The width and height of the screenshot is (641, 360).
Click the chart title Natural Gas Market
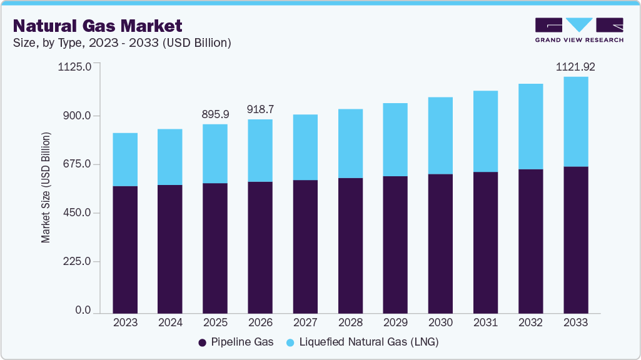click(x=98, y=26)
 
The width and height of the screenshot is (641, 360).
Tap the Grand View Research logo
click(x=579, y=30)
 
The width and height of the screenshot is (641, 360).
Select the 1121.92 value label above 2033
click(x=575, y=66)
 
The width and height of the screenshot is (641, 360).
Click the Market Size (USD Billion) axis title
click(x=46, y=187)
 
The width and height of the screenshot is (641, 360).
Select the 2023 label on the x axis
click(x=125, y=322)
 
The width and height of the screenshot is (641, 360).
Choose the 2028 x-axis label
click(x=350, y=322)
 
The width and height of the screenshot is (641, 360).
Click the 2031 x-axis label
click(x=485, y=322)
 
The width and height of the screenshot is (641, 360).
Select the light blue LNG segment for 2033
click(x=575, y=122)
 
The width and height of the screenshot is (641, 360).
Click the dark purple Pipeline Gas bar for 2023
click(x=125, y=250)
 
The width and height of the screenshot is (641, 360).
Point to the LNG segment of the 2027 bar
click(x=305, y=147)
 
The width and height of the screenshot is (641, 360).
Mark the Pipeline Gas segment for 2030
click(x=440, y=244)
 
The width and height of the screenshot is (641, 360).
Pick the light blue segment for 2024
click(x=170, y=157)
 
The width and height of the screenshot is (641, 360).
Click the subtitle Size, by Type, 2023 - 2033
click(x=123, y=43)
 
